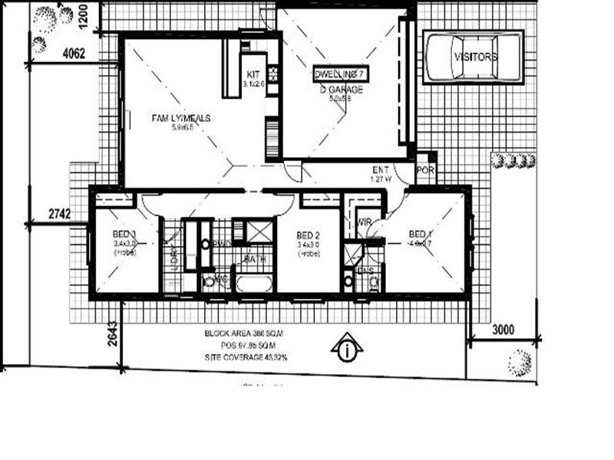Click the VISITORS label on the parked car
[475, 58]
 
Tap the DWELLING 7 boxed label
[341, 74]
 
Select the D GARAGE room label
[342, 90]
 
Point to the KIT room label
[253, 74]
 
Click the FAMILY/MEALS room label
[180, 119]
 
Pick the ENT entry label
[381, 169]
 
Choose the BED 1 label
[421, 234]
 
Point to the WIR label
[365, 222]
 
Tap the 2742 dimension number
[58, 214]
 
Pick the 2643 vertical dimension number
[112, 335]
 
